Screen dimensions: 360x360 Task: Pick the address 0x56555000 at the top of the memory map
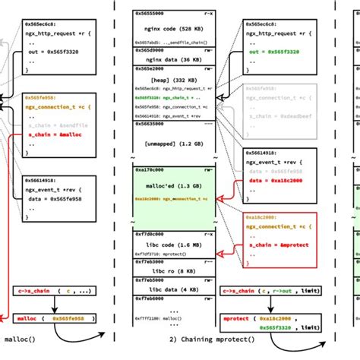coord(137,13)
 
